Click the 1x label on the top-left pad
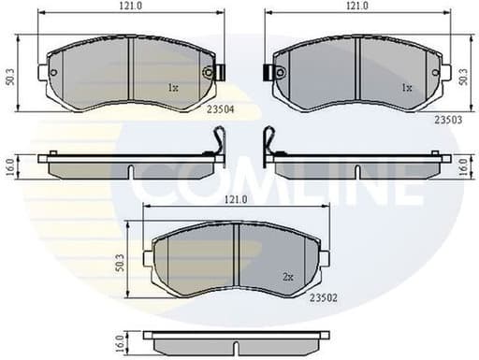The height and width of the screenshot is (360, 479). [172, 89]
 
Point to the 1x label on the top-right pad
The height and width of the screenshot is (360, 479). [406, 88]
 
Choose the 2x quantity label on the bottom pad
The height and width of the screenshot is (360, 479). [289, 278]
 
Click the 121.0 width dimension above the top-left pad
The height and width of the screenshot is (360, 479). [129, 7]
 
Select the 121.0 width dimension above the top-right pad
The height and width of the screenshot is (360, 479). [356, 7]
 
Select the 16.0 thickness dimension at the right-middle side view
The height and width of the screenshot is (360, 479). [464, 166]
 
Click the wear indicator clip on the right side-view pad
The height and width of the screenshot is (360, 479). [269, 141]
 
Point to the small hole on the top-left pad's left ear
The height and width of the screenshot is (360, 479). [53, 72]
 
